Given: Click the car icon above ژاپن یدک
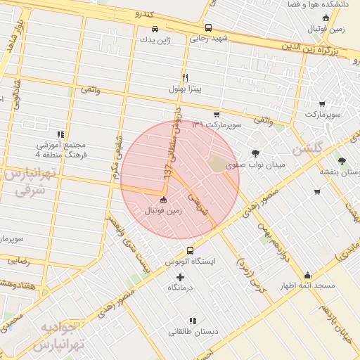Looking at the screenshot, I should click(155, 30).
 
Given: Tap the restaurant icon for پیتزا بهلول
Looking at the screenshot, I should click(185, 77).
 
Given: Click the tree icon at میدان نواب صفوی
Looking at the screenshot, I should click(255, 153).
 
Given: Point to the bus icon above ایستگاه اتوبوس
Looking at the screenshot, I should click(190, 250).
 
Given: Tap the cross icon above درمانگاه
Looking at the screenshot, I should click(180, 277).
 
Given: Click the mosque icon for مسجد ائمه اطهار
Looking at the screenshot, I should click(307, 275).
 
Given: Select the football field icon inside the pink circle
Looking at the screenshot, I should click(164, 200).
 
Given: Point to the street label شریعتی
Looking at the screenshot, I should click(202, 201).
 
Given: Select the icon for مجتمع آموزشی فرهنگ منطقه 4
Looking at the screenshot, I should click(60, 134).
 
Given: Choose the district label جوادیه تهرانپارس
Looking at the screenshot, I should click(61, 336).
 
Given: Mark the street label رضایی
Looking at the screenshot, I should click(17, 260).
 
